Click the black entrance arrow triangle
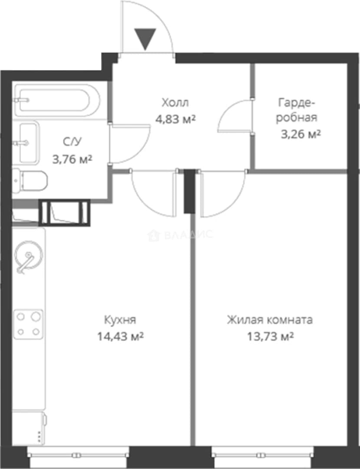tap(145, 38)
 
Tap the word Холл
tap(175, 102)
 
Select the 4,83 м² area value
tap(175, 119)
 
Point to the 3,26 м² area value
tap(301, 134)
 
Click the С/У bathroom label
tap(72, 142)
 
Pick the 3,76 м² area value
tap(72, 159)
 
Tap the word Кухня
tap(120, 320)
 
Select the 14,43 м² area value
tap(120, 337)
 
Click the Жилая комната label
tap(270, 320)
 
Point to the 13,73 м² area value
tap(270, 337)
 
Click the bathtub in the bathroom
tap(57, 100)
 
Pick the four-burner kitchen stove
tap(28, 324)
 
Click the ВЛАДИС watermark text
tap(181, 235)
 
